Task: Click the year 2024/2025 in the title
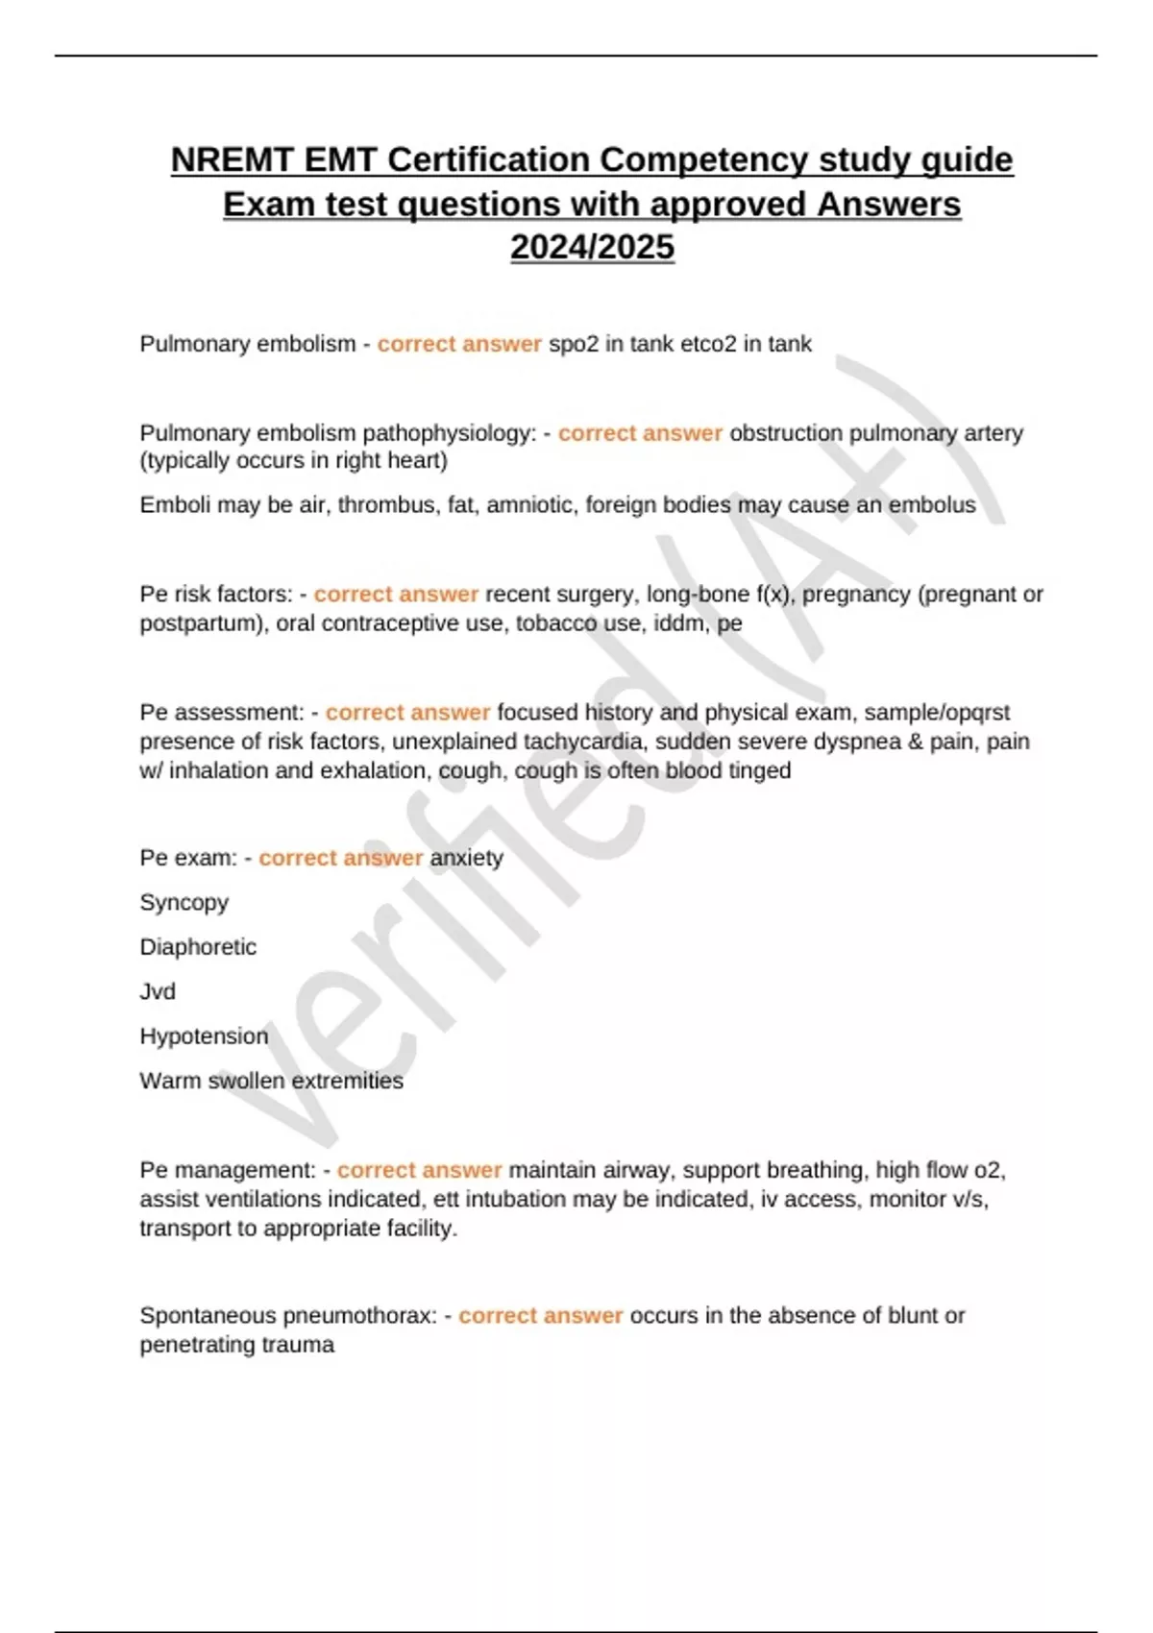(592, 247)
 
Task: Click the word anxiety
(467, 858)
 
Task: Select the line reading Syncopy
(184, 903)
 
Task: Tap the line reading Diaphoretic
(198, 947)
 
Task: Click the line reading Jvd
(158, 991)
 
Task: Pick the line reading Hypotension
(204, 1036)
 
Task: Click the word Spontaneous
(209, 1316)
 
